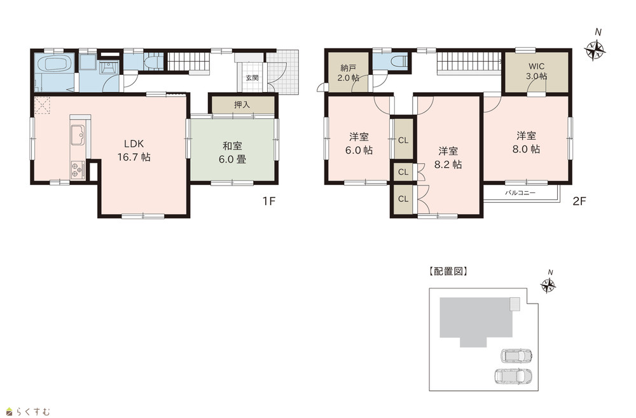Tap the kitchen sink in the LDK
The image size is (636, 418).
point(78,135)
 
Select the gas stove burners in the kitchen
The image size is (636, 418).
point(78,170)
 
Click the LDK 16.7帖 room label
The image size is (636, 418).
point(134,151)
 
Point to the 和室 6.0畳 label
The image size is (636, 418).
point(232,152)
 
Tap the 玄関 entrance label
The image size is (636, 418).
point(252,78)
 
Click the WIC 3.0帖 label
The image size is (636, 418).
point(537,71)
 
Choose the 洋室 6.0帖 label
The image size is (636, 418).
point(359,144)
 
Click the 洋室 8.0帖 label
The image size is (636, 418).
point(526,142)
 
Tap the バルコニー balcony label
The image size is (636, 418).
point(520,192)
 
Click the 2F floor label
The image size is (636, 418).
point(579,201)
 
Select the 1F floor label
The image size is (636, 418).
point(269,201)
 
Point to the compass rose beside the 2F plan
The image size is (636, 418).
point(595,50)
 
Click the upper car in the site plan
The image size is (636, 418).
point(516,356)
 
